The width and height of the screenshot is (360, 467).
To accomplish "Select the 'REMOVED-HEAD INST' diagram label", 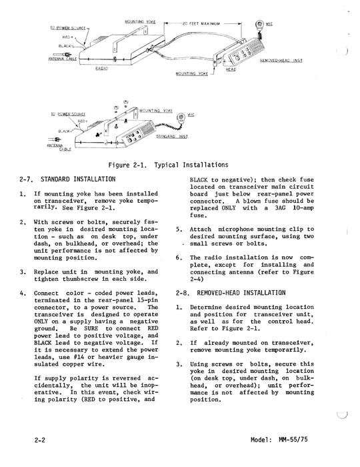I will pos(281,61).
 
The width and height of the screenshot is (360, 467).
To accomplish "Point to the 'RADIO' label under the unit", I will pos(103,69).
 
